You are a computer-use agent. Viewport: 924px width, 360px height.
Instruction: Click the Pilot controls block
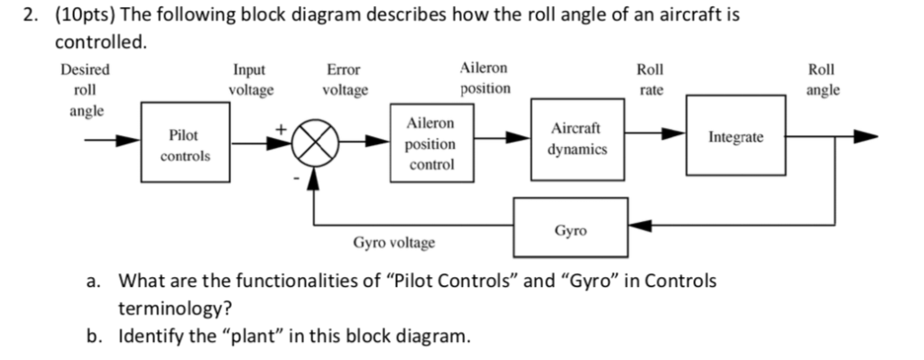(185, 144)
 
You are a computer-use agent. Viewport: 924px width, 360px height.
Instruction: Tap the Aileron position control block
(430, 144)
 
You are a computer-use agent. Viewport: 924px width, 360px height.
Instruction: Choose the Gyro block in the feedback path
(569, 231)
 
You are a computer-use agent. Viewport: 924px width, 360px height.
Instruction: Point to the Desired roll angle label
(85, 90)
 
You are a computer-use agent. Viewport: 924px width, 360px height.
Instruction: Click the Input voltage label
(252, 79)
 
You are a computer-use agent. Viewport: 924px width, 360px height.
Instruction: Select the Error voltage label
(344, 79)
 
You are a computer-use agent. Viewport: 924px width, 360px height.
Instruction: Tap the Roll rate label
(649, 79)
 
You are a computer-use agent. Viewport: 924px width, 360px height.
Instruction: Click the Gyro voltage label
(393, 243)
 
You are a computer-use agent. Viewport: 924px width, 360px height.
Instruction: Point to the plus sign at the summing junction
(283, 128)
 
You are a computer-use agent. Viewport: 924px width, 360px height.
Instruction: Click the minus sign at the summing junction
(294, 180)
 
